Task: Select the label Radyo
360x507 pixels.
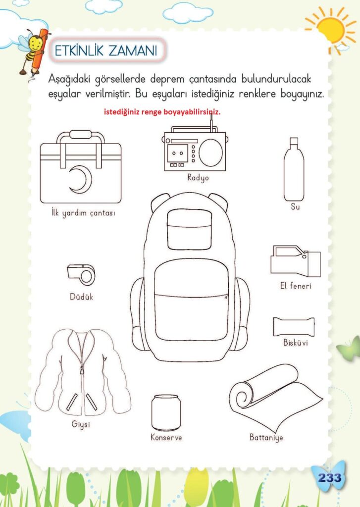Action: (x=198, y=178)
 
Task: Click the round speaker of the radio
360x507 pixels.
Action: (x=210, y=152)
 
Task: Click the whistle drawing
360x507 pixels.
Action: (x=81, y=274)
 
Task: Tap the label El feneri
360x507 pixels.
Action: (x=296, y=286)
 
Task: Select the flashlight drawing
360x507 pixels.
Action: (x=295, y=261)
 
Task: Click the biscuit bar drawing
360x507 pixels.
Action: (x=294, y=327)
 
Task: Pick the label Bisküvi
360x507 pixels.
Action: (x=296, y=343)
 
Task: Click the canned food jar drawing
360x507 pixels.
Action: (x=166, y=412)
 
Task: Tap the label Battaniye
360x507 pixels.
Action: (x=266, y=438)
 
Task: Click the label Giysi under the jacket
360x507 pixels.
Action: (x=81, y=424)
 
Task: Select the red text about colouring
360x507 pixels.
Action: (x=162, y=112)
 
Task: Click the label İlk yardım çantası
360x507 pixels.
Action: (x=83, y=213)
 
